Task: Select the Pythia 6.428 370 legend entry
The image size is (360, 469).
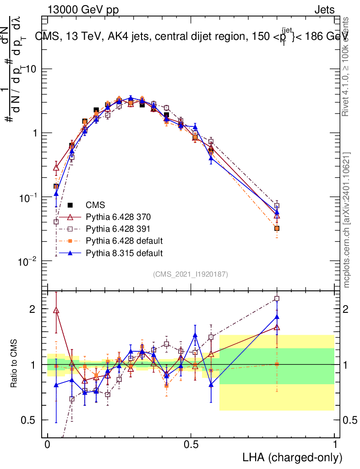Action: (x=118, y=217)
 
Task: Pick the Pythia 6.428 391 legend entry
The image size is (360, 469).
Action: (x=118, y=229)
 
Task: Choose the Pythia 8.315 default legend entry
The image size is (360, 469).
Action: (x=122, y=252)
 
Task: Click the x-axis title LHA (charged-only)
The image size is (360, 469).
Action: (x=292, y=457)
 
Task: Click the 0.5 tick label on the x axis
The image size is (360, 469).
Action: (x=191, y=445)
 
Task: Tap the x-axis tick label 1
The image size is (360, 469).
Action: (x=334, y=445)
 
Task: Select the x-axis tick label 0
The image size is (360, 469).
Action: (x=48, y=445)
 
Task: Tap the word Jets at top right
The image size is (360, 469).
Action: (x=324, y=10)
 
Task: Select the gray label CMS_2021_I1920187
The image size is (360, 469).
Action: (x=191, y=274)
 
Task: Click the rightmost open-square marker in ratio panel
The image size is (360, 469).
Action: (x=277, y=299)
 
